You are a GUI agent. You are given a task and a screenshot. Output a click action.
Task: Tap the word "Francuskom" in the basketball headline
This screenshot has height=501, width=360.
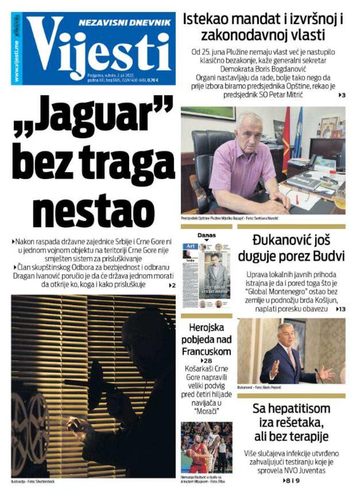(206, 351)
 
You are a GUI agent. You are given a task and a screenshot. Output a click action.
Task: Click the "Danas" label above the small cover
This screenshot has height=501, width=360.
(207, 235)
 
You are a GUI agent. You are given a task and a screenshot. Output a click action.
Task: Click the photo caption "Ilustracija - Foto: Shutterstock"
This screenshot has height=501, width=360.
(33, 481)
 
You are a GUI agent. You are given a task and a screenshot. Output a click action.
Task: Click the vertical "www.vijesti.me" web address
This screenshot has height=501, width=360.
(17, 61)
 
